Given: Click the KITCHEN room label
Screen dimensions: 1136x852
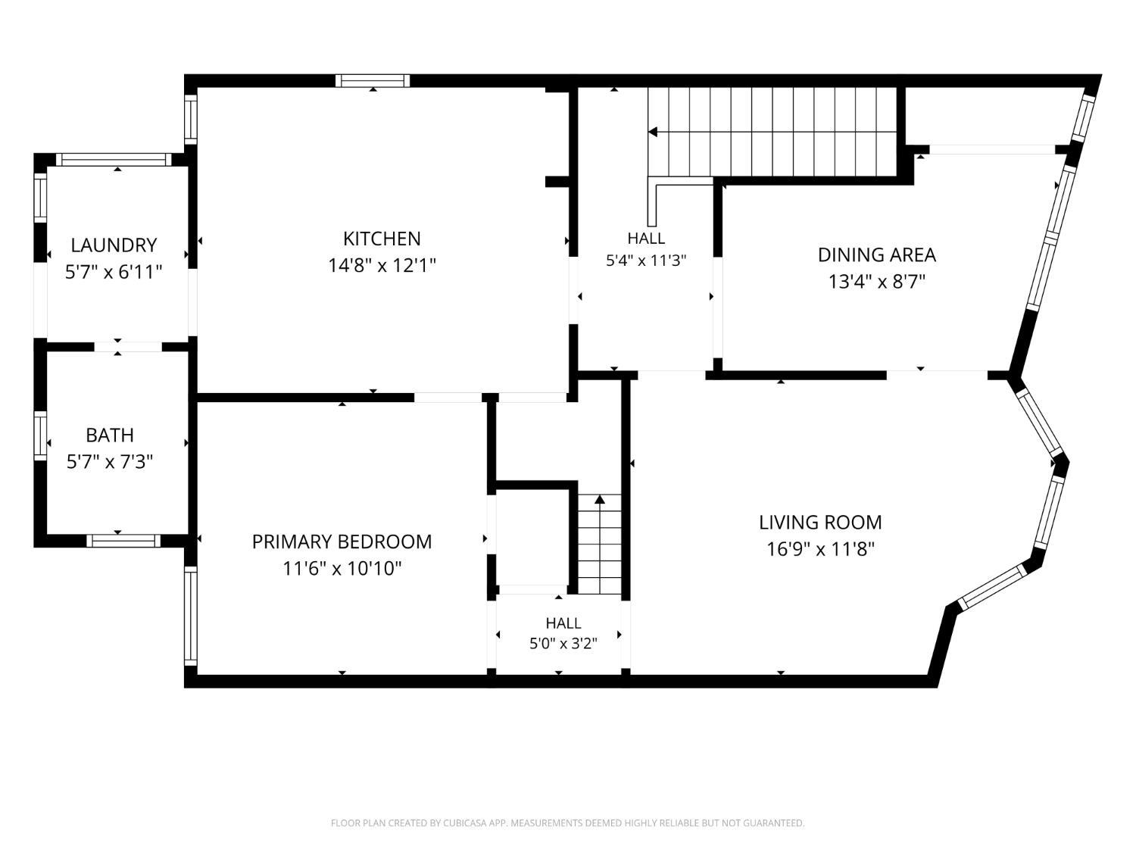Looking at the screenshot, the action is coord(382,239).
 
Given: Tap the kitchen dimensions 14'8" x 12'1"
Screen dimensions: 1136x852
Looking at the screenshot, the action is coord(382,266).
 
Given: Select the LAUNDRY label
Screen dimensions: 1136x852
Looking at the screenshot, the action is coord(114,245).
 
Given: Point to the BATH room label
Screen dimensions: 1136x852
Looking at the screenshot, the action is coord(110,435).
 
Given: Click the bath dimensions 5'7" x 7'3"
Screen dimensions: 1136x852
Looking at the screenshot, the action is coord(110,461).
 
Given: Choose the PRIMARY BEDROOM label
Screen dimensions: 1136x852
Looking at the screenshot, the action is coord(342,541).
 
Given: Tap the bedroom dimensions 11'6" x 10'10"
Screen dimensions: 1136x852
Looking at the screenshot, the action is coord(342,569).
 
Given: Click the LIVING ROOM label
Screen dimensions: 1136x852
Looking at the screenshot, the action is coord(820,523).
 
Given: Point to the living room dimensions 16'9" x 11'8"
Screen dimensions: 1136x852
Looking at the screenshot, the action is coord(820,549).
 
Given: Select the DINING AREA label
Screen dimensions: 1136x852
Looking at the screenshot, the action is coord(877,255).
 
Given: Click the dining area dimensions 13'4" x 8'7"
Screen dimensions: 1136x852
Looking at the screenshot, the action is coord(877,282).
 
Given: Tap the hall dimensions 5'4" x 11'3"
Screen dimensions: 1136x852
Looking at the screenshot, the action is coord(646,261).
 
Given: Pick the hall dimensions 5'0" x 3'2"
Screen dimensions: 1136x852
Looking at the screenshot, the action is coord(563,644).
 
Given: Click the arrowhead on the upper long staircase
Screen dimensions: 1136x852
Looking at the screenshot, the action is coord(653,132).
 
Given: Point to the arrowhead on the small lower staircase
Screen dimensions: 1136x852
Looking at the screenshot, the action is coord(599,499).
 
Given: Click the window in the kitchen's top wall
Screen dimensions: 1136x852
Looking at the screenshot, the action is coord(373,81).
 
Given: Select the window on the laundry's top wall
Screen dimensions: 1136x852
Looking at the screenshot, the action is coord(114,159).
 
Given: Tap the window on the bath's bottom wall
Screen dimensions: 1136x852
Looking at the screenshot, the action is coord(123,541).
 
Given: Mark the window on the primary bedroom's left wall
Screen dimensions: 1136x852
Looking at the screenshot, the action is coord(191,616).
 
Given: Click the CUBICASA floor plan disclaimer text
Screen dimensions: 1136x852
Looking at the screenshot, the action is coord(568,822).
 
